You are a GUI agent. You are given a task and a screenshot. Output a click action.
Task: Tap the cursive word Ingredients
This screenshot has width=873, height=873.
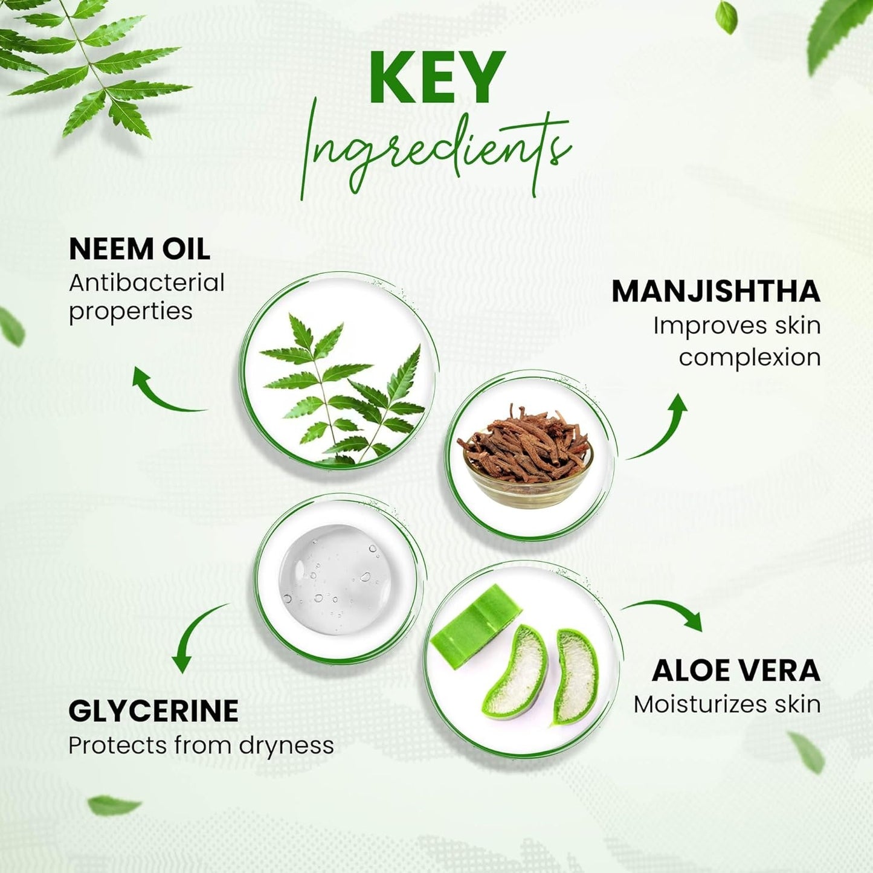click(x=436, y=151)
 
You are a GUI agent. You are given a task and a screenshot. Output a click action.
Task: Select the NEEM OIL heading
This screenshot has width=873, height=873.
click(x=140, y=249)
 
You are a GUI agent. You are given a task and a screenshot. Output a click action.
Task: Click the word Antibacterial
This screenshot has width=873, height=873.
click(x=147, y=283)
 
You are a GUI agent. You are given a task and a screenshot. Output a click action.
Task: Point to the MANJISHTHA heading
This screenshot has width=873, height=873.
click(x=716, y=291)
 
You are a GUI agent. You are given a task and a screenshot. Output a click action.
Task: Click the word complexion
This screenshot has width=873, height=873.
click(x=750, y=357)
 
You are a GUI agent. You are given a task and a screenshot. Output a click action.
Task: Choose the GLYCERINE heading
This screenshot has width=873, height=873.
click(x=153, y=710)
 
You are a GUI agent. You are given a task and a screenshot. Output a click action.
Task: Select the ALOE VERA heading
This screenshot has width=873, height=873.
click(x=736, y=671)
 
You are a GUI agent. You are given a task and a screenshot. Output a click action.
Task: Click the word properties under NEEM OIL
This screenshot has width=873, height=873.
click(x=130, y=312)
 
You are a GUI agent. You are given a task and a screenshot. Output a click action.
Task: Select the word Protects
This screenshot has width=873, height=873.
click(x=118, y=746)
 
